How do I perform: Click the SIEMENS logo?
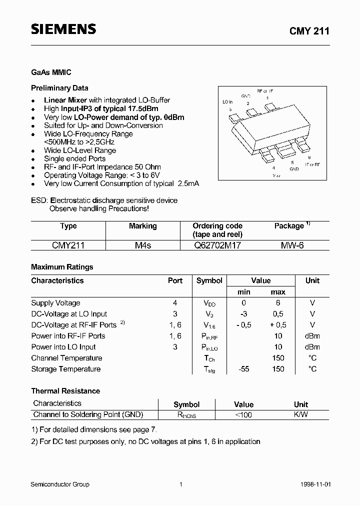click(63, 29)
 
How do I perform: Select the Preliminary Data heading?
click(59, 88)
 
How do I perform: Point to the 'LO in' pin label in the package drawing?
click(228, 101)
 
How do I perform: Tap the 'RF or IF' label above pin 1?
click(265, 91)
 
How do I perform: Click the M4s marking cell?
click(142, 245)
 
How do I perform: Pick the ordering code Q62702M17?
click(217, 245)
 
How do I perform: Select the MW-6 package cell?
click(292, 245)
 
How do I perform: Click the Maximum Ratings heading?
click(62, 267)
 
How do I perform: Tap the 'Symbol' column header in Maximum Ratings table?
click(209, 280)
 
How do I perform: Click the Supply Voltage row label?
click(55, 303)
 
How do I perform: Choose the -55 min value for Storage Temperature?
click(243, 369)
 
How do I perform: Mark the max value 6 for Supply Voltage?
click(278, 303)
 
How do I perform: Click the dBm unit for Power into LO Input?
click(312, 347)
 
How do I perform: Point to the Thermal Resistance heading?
click(65, 391)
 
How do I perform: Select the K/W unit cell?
click(301, 414)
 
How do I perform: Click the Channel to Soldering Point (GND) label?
click(88, 414)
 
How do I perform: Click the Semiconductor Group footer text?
click(60, 484)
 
